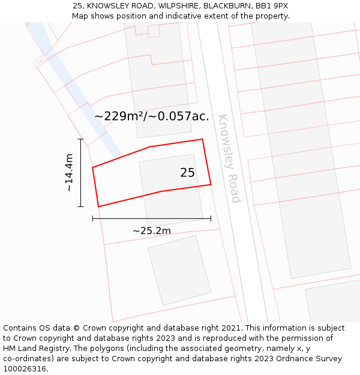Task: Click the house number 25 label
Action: click(x=187, y=173)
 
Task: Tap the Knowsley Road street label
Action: click(x=229, y=158)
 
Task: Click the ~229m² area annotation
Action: click(x=152, y=116)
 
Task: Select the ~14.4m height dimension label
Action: click(x=69, y=173)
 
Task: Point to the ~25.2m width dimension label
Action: click(x=152, y=231)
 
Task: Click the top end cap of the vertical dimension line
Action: click(x=80, y=139)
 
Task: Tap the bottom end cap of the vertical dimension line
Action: click(x=80, y=207)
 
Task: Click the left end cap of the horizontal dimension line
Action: click(x=92, y=218)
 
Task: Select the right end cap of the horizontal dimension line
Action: click(x=211, y=218)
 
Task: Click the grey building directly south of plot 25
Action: click(x=179, y=270)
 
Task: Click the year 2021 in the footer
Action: click(x=230, y=328)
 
